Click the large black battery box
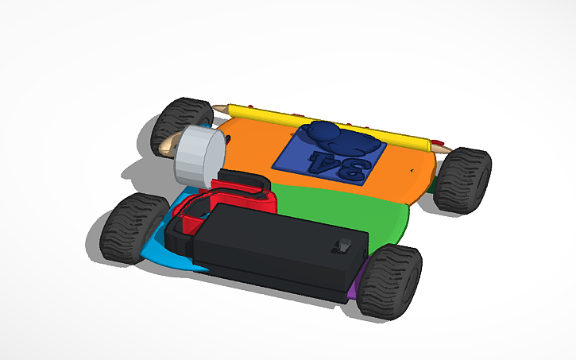[x=278, y=246]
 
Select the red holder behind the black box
[x=238, y=199]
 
